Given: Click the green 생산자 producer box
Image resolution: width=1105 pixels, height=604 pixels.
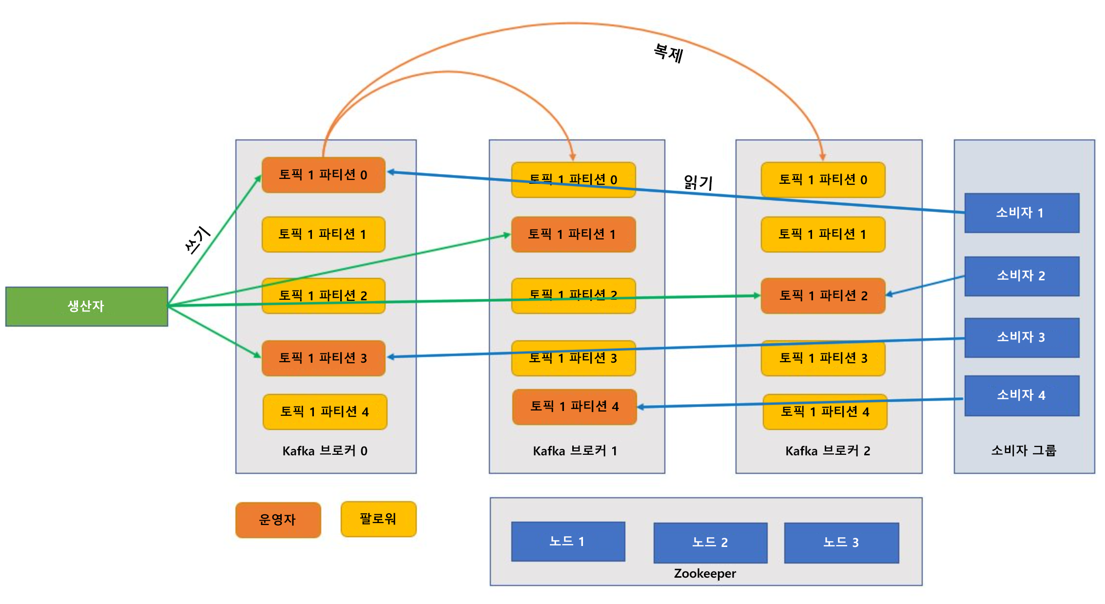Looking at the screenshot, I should click(x=86, y=306).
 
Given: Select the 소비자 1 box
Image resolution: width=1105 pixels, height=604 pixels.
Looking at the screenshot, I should click(x=1022, y=213).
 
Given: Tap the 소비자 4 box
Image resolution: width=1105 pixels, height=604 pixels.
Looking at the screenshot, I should click(x=1022, y=395).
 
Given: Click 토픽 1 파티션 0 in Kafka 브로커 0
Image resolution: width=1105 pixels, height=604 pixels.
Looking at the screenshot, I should click(x=323, y=175).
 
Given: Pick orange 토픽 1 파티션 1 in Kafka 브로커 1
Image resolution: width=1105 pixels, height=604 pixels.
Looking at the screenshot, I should click(x=573, y=234).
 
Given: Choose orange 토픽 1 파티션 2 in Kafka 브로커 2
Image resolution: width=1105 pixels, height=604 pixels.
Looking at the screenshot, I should click(x=823, y=295).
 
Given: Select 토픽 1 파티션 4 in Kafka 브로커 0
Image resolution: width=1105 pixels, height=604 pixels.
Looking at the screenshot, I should click(x=325, y=412).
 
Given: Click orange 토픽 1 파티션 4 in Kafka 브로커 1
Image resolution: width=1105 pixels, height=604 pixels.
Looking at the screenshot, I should click(x=574, y=407).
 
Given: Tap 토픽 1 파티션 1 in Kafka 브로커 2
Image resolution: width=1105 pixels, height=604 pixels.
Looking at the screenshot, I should click(x=823, y=234).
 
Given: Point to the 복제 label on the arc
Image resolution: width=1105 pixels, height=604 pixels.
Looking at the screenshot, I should click(x=668, y=53).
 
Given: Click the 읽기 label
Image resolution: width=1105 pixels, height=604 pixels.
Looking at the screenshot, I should click(x=698, y=183).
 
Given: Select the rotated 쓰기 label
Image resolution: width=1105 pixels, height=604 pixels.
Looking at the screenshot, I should click(x=197, y=240).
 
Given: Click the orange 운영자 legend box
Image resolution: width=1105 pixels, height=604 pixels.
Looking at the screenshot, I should click(x=278, y=520).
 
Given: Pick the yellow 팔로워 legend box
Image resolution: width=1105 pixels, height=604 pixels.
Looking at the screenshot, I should click(x=378, y=519).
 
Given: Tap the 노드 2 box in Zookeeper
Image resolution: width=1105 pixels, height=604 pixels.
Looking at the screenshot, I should click(x=710, y=543).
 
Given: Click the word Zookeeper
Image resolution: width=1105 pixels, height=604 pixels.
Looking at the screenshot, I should click(x=705, y=573).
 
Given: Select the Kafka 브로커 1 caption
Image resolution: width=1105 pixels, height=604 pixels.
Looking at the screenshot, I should click(x=575, y=451).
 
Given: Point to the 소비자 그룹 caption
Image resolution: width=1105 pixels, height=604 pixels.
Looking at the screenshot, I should click(x=1024, y=450).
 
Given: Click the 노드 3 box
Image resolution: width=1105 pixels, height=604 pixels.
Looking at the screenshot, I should click(x=841, y=543).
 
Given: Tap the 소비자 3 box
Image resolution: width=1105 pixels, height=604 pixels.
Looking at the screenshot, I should click(x=1022, y=337).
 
